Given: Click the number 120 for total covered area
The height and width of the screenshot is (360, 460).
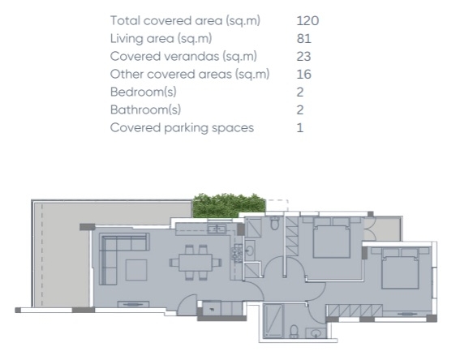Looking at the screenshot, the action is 307,21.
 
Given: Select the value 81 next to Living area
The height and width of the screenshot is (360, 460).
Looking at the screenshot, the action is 304,39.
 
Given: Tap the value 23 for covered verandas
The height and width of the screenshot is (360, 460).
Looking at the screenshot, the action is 303,57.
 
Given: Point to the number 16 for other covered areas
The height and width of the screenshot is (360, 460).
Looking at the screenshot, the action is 304,75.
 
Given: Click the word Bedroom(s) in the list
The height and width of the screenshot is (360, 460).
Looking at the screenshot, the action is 144,92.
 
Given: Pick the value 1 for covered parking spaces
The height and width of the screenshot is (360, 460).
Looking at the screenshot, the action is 300,128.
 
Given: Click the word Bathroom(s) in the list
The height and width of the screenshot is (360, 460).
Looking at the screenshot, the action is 145,110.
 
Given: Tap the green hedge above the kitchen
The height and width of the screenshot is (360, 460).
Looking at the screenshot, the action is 229,205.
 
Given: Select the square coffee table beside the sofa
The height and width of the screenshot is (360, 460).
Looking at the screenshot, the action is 136,270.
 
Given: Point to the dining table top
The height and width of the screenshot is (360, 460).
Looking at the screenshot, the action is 196,263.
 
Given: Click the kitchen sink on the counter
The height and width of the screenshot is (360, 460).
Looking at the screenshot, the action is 217,229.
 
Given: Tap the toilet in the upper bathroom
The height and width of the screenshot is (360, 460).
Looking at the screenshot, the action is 274,223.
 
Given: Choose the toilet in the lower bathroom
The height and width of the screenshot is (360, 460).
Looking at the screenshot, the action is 294,332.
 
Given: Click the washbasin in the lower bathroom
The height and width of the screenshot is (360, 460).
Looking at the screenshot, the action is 316,333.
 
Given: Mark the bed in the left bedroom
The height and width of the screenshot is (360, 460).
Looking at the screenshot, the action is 332,238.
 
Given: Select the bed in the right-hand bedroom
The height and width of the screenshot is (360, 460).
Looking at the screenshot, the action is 400,268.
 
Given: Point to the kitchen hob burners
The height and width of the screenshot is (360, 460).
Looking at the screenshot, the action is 237,254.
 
